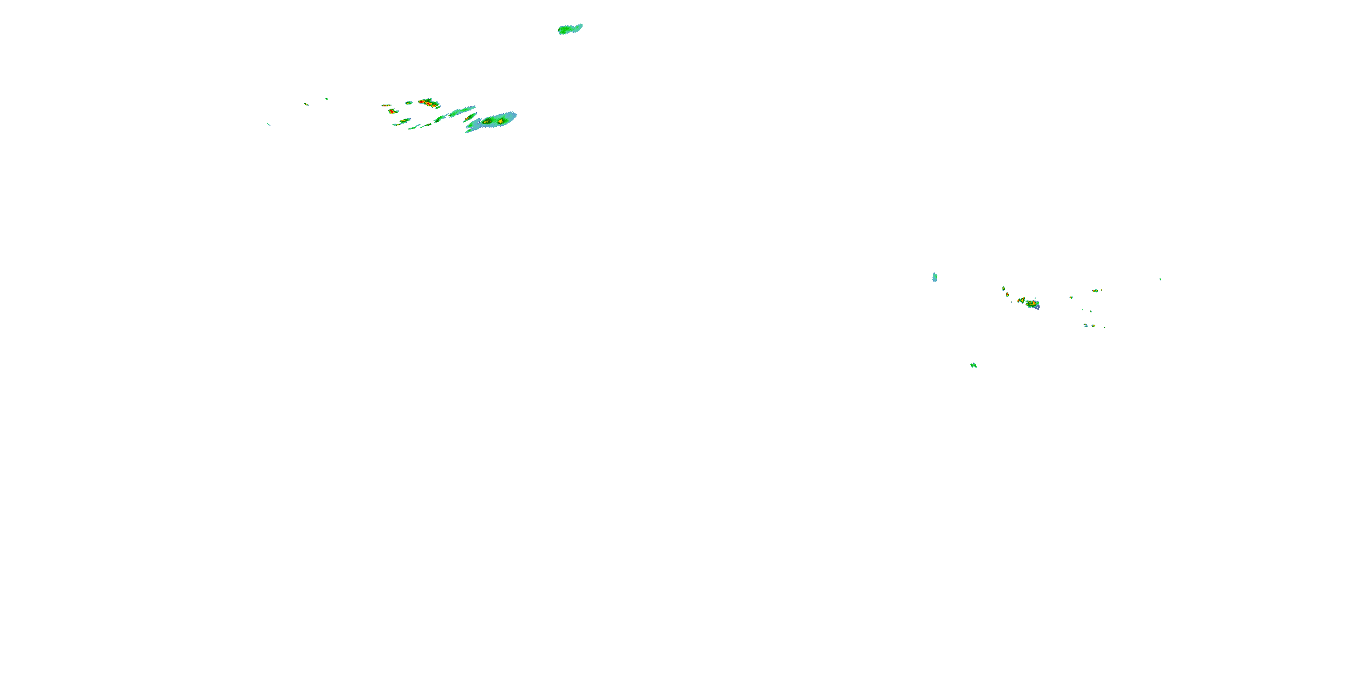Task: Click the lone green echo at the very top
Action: pyautogui.click(x=570, y=29)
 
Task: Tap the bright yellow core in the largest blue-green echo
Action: pyautogui.click(x=500, y=121)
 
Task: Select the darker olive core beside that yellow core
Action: pyautogui.click(x=487, y=122)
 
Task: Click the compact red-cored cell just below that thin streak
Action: pyautogui.click(x=391, y=111)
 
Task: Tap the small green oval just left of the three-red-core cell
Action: pyautogui.click(x=409, y=102)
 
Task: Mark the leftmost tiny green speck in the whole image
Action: pyautogui.click(x=269, y=124)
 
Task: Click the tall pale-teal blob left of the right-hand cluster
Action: pyautogui.click(x=935, y=277)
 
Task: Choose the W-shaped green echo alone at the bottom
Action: pyautogui.click(x=973, y=365)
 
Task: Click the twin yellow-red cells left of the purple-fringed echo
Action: pyautogui.click(x=1022, y=301)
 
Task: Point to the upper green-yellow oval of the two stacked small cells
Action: pyautogui.click(x=1003, y=288)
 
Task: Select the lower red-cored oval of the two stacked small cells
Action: pyautogui.click(x=1007, y=294)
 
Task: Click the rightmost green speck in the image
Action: pyautogui.click(x=1160, y=279)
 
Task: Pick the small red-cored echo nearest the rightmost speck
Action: pyautogui.click(x=1095, y=291)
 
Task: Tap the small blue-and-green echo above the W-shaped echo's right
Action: pyautogui.click(x=1086, y=325)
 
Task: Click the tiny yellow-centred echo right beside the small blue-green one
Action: pyautogui.click(x=1093, y=326)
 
